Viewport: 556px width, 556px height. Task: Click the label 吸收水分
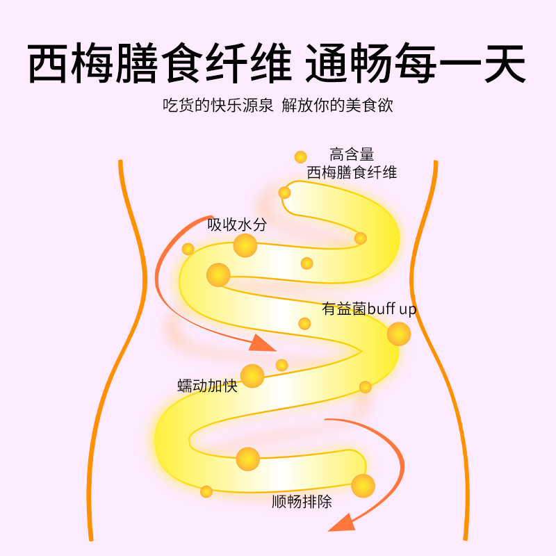coord(236,225)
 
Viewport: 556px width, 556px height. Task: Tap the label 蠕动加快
coord(208,386)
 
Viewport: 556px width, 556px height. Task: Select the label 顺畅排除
coord(302,501)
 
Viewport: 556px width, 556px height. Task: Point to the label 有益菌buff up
coord(369,309)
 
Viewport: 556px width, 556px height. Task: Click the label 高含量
coord(352,154)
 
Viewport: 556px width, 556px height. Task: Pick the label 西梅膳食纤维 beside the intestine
coord(352,172)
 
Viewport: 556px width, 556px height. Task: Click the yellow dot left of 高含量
coord(300,157)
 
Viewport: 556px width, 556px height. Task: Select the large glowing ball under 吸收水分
coord(245,245)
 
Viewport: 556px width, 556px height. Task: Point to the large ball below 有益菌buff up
coord(398,334)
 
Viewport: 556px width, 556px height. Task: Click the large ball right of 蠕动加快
coord(252,376)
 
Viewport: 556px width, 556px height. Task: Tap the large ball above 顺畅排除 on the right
coord(363,485)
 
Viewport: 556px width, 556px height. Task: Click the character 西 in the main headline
coord(54,65)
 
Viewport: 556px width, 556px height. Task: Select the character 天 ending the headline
coord(502,65)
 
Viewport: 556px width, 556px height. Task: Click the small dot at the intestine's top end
coord(284,193)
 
